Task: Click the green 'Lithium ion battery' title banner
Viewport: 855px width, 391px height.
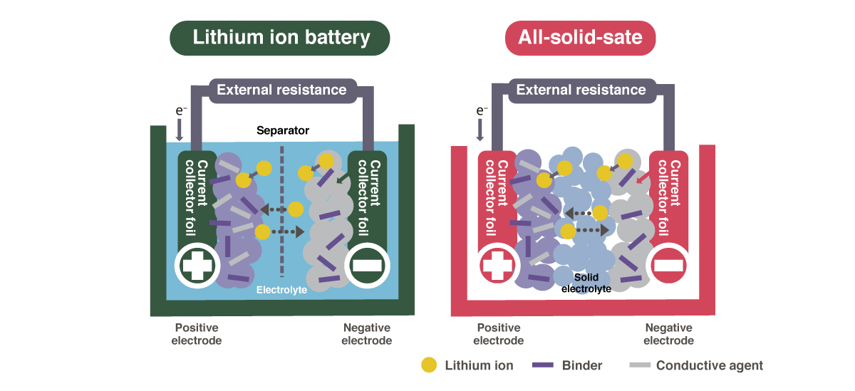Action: click(281, 38)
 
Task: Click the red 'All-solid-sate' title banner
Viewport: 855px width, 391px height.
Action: click(580, 38)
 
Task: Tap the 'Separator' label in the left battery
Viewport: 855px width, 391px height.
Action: click(283, 131)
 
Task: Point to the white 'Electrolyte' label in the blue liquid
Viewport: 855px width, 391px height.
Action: click(281, 290)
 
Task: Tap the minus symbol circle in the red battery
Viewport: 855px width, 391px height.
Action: click(668, 265)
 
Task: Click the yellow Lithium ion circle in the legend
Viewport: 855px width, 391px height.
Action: click(429, 365)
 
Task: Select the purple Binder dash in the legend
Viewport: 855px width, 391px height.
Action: click(543, 365)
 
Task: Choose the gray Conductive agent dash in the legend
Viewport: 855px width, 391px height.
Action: click(641, 365)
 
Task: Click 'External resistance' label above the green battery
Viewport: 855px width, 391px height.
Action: click(281, 90)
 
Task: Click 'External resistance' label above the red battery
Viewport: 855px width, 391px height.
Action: click(581, 90)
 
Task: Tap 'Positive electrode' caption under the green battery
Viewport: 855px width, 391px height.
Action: click(197, 334)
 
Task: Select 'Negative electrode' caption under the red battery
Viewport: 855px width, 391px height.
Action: click(668, 334)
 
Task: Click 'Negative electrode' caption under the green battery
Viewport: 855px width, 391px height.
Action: click(367, 334)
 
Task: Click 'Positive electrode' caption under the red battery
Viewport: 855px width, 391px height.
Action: click(499, 334)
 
